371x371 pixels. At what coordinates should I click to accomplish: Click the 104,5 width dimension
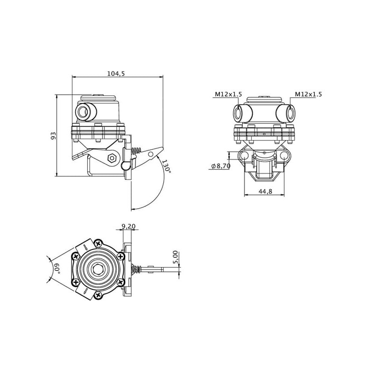coord(116,74)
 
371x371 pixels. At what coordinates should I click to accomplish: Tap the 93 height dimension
coord(54,135)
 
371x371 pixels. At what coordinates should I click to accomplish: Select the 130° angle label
coord(166,166)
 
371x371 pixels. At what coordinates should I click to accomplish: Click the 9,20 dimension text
coord(128,226)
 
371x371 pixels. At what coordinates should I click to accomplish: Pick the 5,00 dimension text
coord(175,257)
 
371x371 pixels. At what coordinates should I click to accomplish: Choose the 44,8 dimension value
coord(265,191)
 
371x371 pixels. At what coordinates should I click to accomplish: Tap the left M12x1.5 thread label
coord(228,94)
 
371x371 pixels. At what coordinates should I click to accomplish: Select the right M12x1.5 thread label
coord(308,94)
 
